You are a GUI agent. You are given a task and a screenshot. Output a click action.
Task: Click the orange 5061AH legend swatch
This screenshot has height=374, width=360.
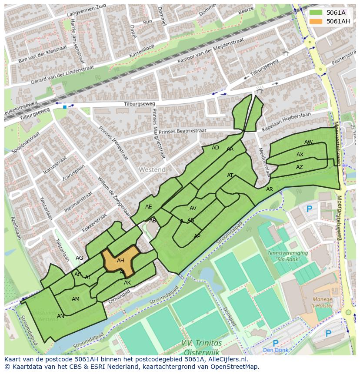(x=317, y=21)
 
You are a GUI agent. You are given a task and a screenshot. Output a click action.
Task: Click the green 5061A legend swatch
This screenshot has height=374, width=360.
(x=317, y=13)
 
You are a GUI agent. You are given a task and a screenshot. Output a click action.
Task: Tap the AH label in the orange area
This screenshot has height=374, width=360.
(x=120, y=261)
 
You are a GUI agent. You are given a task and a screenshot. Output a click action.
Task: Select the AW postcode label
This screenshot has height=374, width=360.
(x=308, y=142)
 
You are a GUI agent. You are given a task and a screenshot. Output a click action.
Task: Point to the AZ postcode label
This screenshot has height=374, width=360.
(x=300, y=167)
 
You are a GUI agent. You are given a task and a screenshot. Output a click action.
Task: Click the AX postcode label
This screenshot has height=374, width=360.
(x=300, y=155)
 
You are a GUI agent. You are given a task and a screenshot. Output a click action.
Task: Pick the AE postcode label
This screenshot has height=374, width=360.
(x=149, y=207)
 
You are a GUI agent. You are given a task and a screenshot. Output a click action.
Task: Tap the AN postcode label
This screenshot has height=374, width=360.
(x=60, y=316)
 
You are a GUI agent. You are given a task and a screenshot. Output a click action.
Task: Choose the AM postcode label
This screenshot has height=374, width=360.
(x=76, y=299)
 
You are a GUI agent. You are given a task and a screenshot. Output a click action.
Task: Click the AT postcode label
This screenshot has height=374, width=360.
(x=230, y=175)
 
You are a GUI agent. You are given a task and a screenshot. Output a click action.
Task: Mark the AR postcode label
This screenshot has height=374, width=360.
(x=270, y=189)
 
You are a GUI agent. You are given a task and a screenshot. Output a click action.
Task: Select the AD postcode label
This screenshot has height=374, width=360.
(x=215, y=148)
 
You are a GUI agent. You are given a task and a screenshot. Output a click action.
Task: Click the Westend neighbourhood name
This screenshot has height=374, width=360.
(x=152, y=169)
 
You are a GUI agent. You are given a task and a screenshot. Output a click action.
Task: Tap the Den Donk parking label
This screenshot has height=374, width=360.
(x=276, y=350)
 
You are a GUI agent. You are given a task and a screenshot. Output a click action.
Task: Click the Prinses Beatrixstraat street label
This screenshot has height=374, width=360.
(x=182, y=131)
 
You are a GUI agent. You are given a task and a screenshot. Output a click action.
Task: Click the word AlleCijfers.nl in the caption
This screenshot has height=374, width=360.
(x=226, y=359)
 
